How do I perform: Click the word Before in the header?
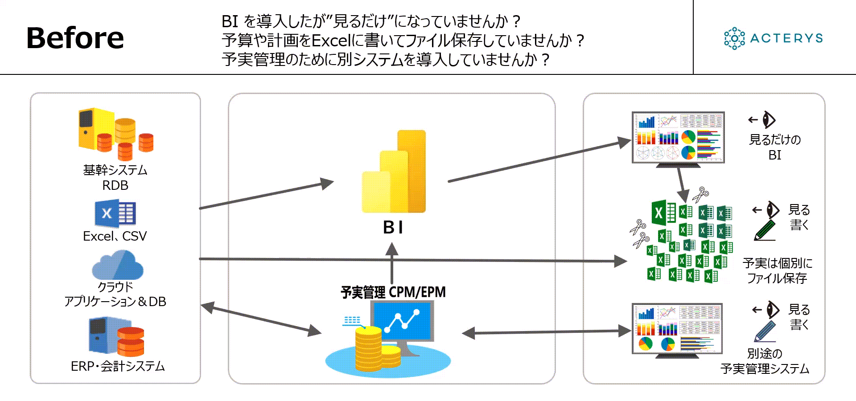pyautogui.click(x=75, y=38)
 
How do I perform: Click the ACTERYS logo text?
pyautogui.click(x=786, y=38)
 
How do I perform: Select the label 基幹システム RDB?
pyautogui.click(x=115, y=177)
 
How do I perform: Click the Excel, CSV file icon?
pyautogui.click(x=115, y=214)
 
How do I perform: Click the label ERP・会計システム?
pyautogui.click(x=118, y=366)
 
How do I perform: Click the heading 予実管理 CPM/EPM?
pyautogui.click(x=393, y=292)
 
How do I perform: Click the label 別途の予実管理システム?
pyautogui.click(x=765, y=361)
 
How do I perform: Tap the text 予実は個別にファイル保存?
pyautogui.click(x=777, y=270)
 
